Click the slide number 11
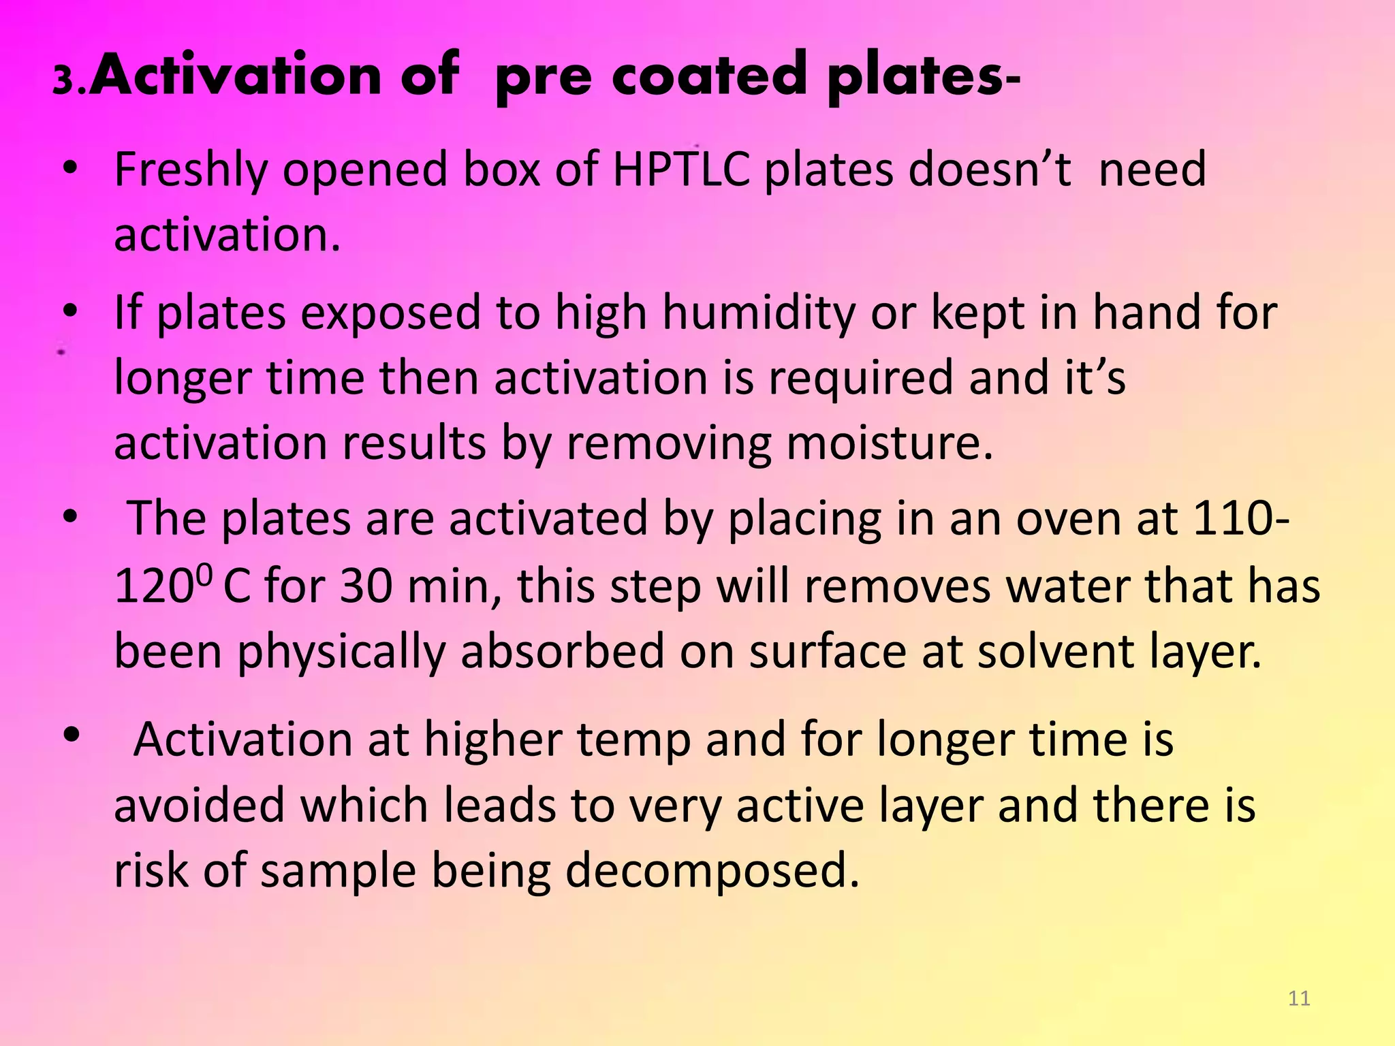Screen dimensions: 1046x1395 tap(1299, 998)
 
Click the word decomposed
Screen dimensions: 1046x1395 tap(712, 872)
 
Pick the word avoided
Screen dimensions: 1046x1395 tap(199, 805)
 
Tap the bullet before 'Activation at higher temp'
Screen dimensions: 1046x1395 tap(72, 735)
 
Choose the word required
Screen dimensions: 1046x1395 tap(861, 378)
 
